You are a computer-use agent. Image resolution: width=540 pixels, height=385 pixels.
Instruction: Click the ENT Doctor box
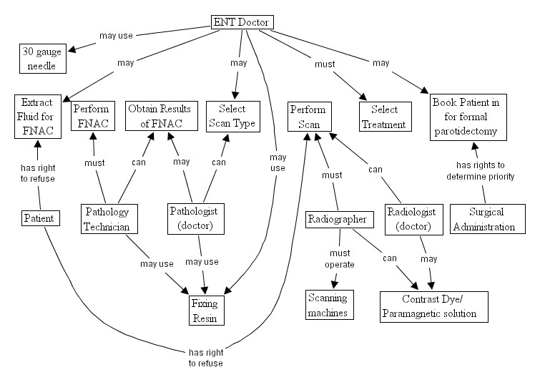[242, 22]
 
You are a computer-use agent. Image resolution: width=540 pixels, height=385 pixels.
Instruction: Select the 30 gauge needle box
[41, 58]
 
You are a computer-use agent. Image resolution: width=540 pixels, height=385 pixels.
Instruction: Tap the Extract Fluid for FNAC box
[35, 116]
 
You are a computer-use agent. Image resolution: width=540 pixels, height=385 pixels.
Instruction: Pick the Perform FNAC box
[92, 116]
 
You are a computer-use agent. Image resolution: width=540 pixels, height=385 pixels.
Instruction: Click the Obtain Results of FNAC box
[154, 116]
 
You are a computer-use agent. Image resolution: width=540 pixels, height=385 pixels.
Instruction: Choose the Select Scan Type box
[228, 116]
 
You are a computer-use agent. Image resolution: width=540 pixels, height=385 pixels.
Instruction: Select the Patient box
[39, 217]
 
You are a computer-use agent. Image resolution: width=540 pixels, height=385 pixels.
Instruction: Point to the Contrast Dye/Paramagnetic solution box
[433, 306]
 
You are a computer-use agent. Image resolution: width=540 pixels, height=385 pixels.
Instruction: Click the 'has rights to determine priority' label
[480, 170]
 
